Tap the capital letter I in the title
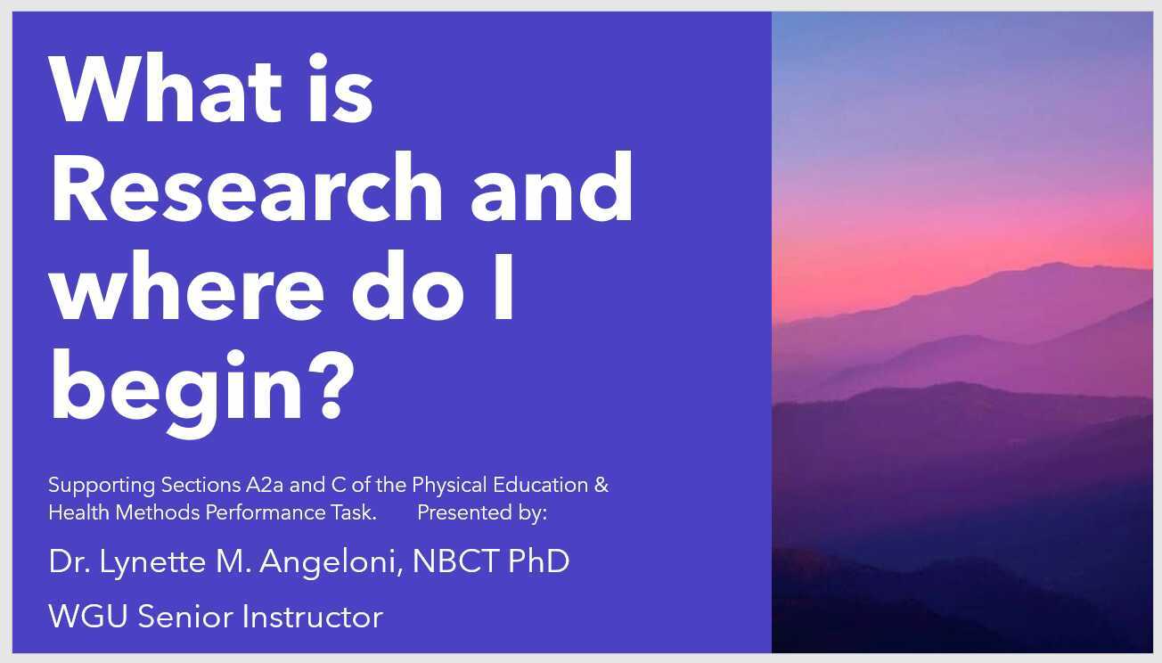(x=503, y=289)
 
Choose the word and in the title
(x=552, y=190)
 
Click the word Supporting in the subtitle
(x=102, y=487)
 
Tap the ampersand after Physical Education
(x=601, y=486)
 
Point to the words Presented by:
(x=481, y=512)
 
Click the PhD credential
(x=538, y=561)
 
